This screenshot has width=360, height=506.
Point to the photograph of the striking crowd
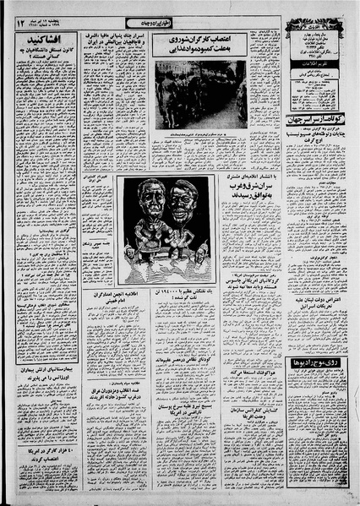point(200,94)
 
